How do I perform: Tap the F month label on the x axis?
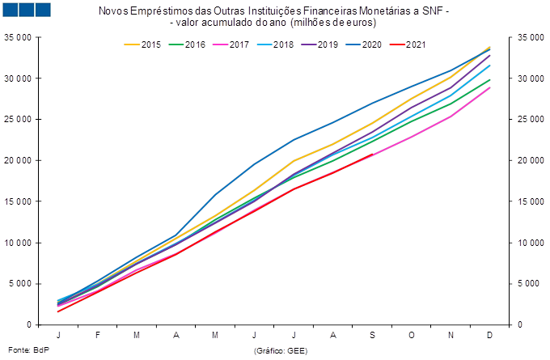click(x=97, y=335)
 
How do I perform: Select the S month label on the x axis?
click(x=372, y=335)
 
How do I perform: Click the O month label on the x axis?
click(x=412, y=335)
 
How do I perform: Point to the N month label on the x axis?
click(x=451, y=335)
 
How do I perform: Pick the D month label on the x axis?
click(x=490, y=335)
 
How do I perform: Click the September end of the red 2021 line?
click(x=372, y=155)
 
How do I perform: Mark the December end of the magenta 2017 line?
click(x=490, y=87)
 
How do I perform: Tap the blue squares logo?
click(x=27, y=10)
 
